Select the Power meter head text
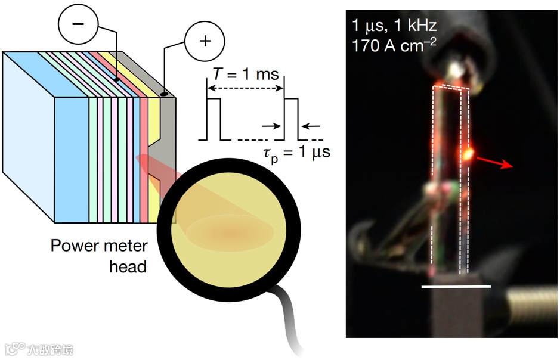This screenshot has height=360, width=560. [x=98, y=255]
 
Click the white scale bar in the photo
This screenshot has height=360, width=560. [x=456, y=287]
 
